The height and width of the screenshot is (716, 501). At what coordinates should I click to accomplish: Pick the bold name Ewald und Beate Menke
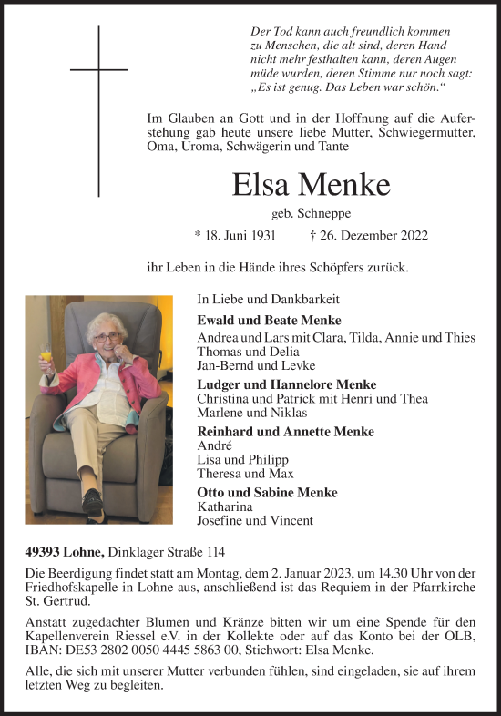click(269, 320)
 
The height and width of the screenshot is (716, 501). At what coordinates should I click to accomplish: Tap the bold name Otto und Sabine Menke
click(267, 493)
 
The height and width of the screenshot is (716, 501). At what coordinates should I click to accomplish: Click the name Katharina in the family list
click(224, 506)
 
